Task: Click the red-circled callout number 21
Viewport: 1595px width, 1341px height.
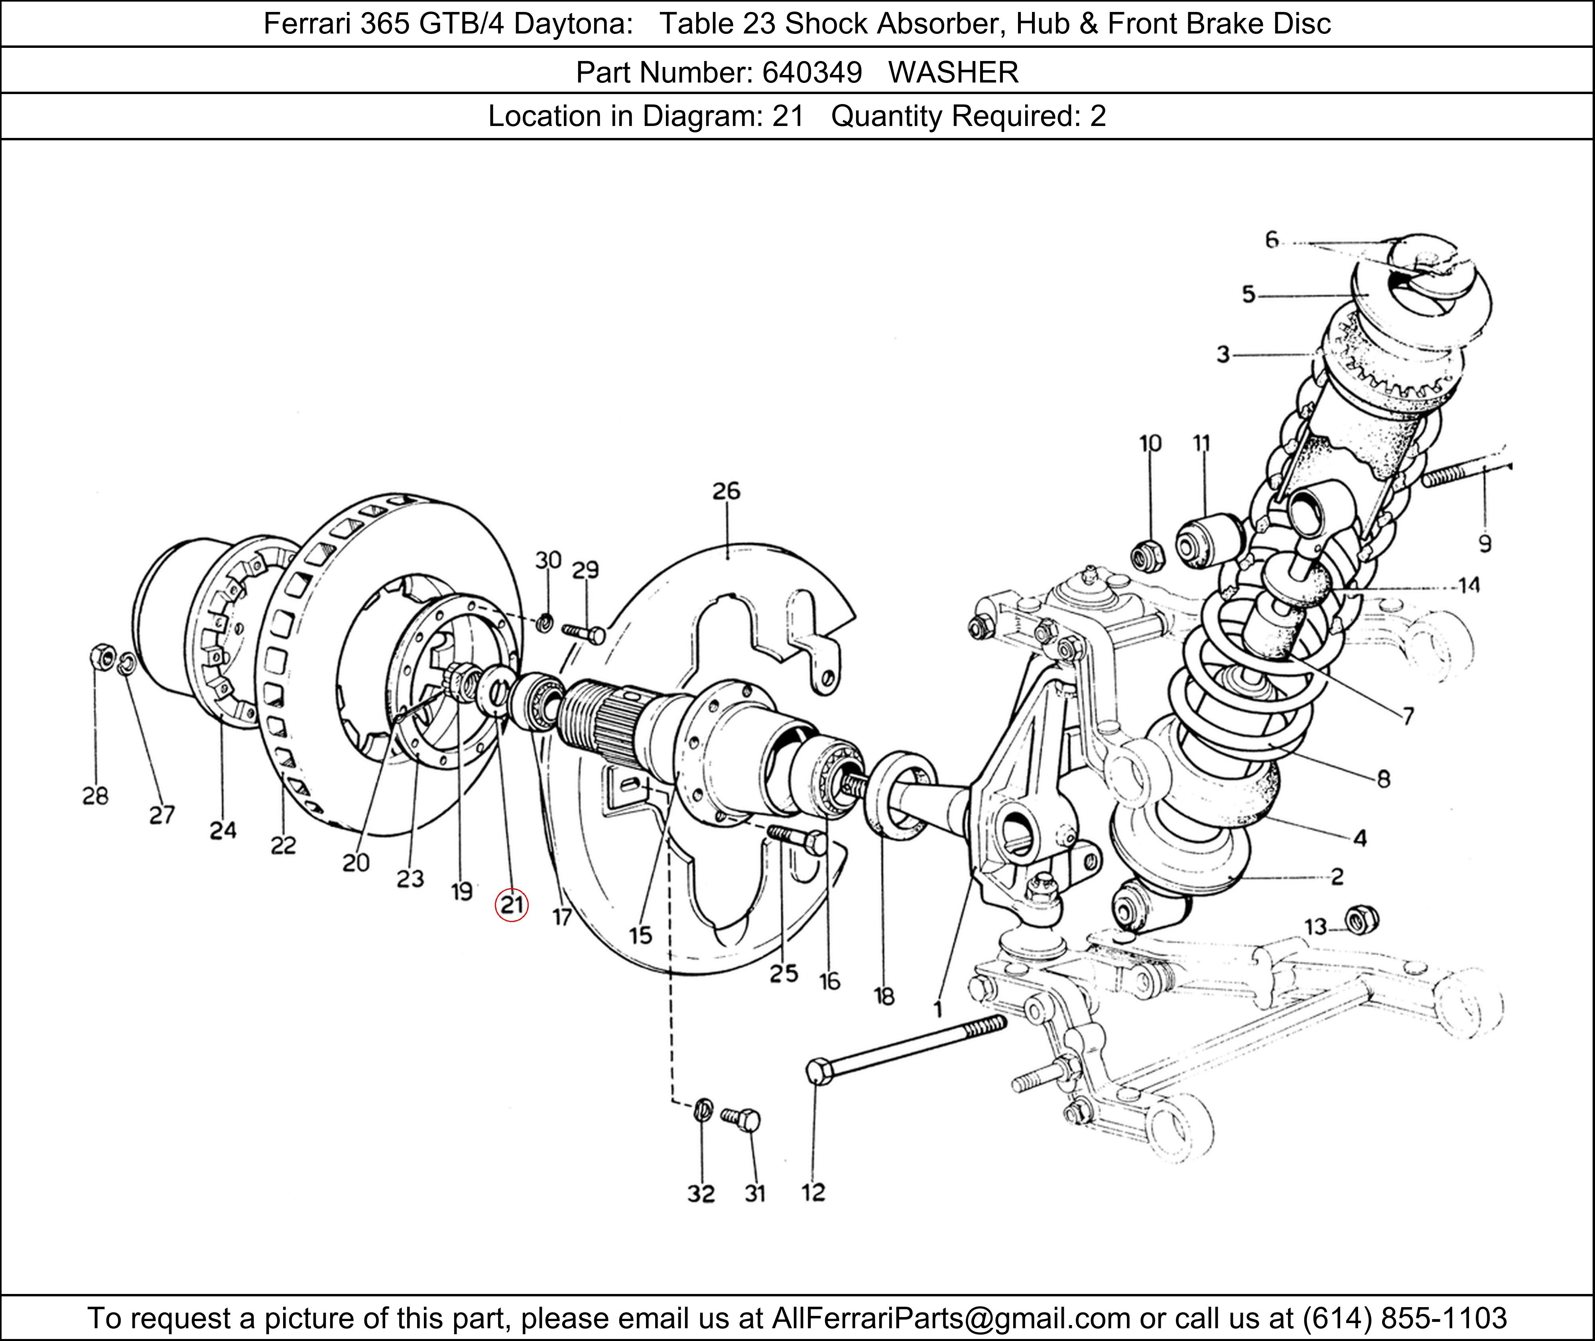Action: point(511,904)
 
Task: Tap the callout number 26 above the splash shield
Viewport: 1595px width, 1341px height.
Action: point(726,491)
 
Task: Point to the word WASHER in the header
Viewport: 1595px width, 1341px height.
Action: point(953,72)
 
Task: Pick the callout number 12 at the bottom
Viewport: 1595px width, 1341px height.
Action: point(813,1192)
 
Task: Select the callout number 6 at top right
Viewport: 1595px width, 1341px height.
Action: point(1271,240)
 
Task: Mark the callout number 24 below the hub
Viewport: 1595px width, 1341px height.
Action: point(223,830)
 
